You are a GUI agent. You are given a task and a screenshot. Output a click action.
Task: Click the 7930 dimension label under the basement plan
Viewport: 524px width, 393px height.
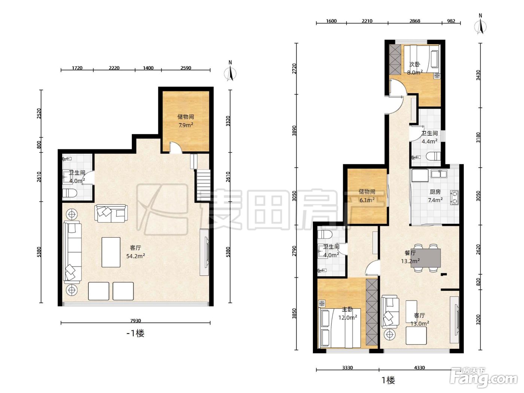click(135, 321)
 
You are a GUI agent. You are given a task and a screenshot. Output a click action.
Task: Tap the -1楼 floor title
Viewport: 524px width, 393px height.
click(135, 333)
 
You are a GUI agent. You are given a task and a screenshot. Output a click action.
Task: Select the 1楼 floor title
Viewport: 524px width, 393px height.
click(388, 380)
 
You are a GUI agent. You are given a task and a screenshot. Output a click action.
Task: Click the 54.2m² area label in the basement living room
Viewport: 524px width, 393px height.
click(135, 256)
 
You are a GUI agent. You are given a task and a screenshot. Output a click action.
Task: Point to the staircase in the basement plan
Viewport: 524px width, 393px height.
click(203, 185)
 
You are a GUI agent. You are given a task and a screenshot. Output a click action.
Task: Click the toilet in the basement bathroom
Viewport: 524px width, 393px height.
click(70, 193)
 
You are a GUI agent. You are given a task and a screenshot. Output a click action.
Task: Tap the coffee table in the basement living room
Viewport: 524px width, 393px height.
click(111, 252)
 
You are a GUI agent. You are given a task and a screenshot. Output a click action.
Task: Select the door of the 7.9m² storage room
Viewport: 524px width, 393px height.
click(176, 147)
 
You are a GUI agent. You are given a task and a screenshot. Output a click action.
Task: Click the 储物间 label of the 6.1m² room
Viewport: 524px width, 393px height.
click(367, 192)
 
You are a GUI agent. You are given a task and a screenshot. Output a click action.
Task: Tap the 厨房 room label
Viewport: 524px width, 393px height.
click(435, 192)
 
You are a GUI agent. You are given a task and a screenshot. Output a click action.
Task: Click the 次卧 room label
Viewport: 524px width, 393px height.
click(415, 64)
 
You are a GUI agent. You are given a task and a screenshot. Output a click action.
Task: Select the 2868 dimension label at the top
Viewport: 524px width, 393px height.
click(415, 21)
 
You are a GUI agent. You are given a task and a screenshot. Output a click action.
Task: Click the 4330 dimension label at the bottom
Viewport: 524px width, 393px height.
click(420, 368)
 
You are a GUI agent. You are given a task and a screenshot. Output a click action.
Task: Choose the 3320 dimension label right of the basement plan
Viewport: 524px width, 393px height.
click(228, 121)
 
